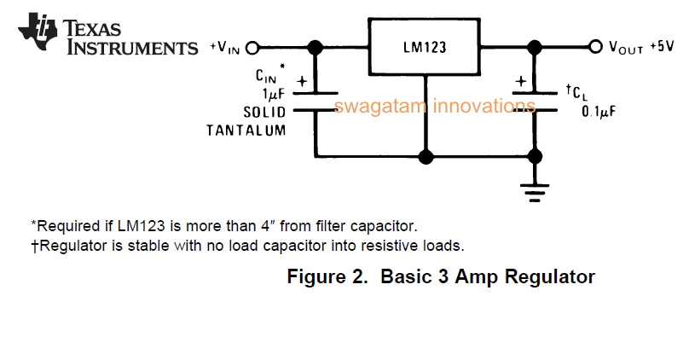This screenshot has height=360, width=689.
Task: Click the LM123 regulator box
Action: [x=425, y=47]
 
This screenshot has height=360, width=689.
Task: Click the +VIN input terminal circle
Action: [x=252, y=48]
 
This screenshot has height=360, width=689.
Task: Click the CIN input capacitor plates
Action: [x=315, y=102]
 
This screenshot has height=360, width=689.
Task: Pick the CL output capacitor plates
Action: [x=535, y=101]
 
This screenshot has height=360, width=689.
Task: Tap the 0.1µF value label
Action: [x=599, y=111]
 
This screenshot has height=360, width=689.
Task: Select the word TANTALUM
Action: [x=246, y=130]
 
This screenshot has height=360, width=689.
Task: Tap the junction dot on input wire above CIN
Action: [x=315, y=48]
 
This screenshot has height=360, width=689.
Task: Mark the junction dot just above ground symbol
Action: [x=535, y=157]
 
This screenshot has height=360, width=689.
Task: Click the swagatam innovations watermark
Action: [x=435, y=107]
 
